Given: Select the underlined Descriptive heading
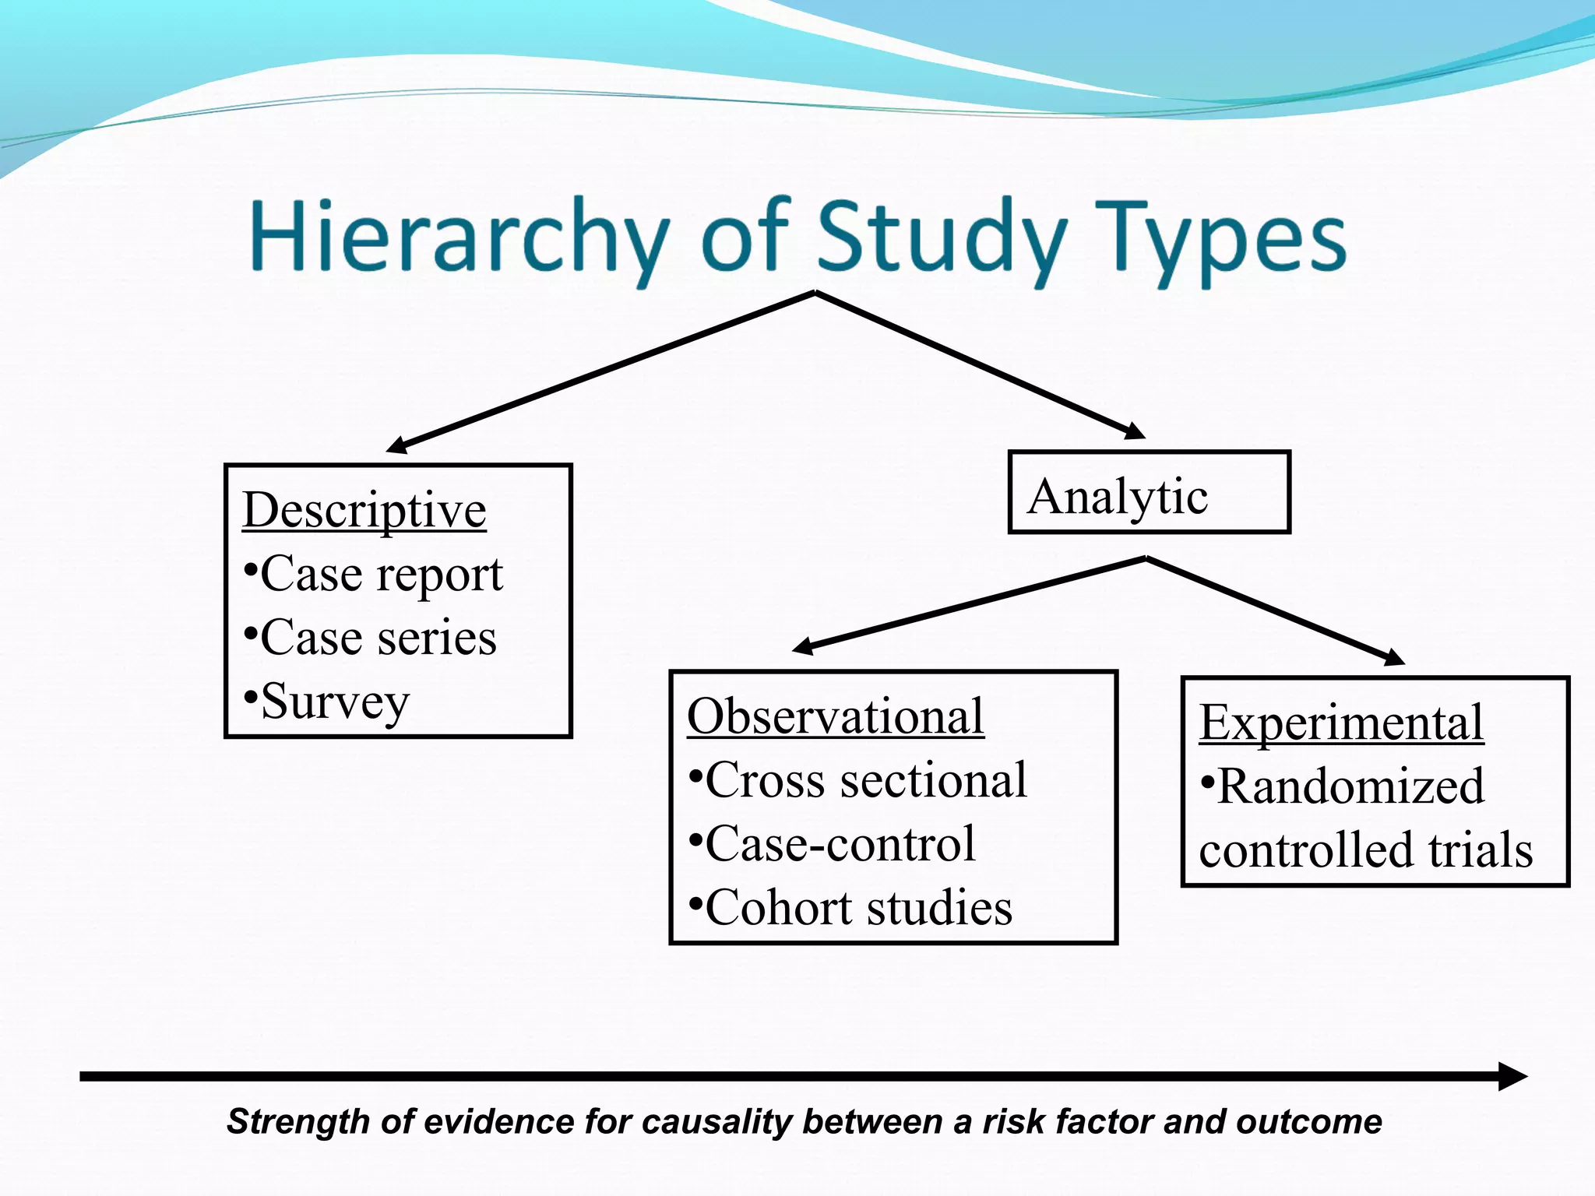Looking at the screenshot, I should coord(364,511).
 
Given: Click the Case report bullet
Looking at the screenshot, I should coord(374,575).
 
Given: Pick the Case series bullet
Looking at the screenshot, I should coord(371,638).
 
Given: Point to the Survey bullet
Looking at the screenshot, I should coord(327,702).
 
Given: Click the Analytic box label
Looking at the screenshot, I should coord(1118,497).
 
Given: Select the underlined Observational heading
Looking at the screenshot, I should coord(836,716).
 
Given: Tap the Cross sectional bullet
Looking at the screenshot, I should coord(858,780).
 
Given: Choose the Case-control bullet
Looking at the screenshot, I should coord(833,844).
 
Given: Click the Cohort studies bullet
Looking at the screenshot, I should coord(851,908).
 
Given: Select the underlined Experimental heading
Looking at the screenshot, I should coord(1341,723).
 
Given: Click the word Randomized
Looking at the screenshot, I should coord(1343,786).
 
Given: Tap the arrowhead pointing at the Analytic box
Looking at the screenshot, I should coord(1135,431).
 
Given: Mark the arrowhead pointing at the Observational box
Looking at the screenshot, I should coord(803,646).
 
